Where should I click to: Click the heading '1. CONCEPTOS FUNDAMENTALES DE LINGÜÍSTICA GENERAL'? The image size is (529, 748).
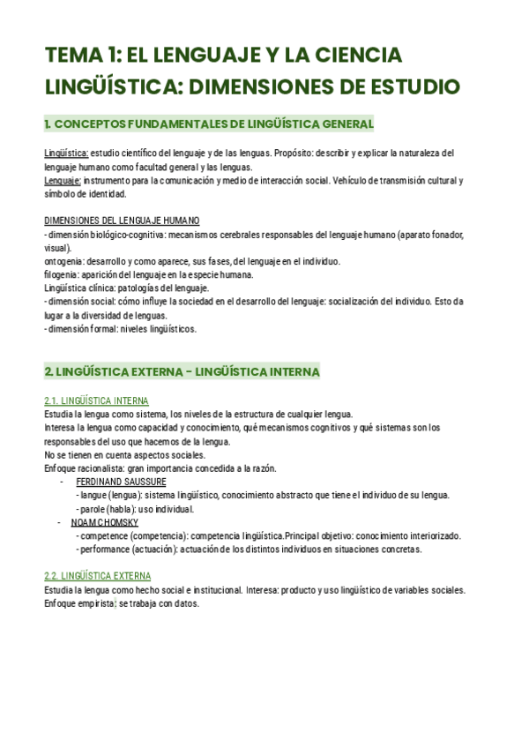pyautogui.click(x=209, y=123)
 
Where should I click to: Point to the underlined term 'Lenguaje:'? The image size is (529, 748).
pyautogui.click(x=63, y=181)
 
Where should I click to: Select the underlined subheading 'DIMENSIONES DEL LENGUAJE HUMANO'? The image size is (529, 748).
pyautogui.click(x=122, y=221)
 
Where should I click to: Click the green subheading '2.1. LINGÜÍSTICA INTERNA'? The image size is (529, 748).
pyautogui.click(x=96, y=401)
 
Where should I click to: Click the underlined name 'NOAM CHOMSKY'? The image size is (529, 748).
pyautogui.click(x=105, y=523)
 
